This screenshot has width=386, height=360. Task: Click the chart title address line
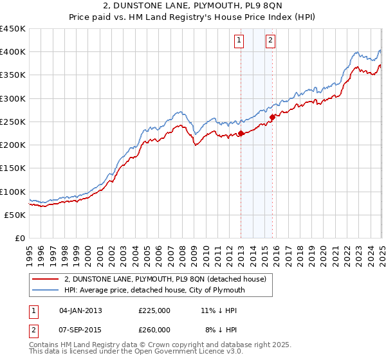[193, 7]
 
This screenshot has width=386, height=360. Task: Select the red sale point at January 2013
[241, 134]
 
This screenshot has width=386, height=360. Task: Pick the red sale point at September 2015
[272, 117]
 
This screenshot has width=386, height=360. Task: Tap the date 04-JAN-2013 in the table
[80, 310]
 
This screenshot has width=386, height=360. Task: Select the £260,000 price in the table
[154, 329]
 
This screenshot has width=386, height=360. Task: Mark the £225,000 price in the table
[154, 310]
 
